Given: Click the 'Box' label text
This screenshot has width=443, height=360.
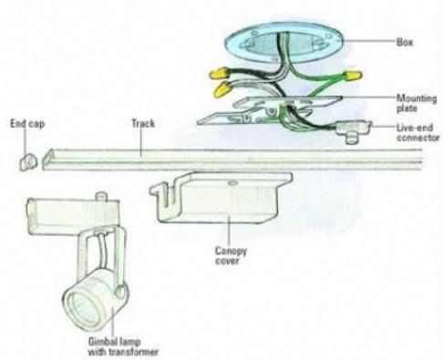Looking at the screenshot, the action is tap(405, 42).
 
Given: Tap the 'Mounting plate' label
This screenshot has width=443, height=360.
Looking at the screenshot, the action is tap(417, 103).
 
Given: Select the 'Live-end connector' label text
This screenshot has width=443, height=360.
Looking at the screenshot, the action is tap(417, 132).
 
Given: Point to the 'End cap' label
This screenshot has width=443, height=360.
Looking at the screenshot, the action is tap(27, 124).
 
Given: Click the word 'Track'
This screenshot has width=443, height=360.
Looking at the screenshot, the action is tap(143, 123).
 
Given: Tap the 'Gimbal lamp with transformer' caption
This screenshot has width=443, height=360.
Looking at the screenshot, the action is tap(123, 346).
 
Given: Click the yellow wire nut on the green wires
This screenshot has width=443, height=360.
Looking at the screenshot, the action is tap(353, 75).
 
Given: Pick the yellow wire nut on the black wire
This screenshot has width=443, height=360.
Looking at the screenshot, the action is tap(219, 74).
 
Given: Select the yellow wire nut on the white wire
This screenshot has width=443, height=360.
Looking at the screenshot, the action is tap(223, 87).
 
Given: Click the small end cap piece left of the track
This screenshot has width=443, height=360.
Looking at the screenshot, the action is tap(28, 161).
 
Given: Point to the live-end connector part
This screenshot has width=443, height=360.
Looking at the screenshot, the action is tap(354, 130).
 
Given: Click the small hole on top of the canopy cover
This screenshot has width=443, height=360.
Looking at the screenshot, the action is tap(232, 183).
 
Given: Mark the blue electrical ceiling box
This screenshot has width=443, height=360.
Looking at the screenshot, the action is tap(283, 44).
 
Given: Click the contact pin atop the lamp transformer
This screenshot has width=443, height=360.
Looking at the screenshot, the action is tap(102, 196).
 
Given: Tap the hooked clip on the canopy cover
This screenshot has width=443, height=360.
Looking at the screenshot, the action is tap(161, 192).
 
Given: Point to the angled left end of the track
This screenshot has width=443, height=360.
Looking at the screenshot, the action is tap(47, 159).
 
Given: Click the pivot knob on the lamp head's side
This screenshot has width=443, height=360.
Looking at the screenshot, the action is tap(120, 291).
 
